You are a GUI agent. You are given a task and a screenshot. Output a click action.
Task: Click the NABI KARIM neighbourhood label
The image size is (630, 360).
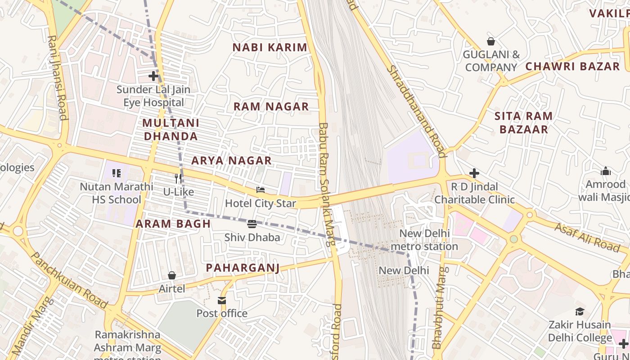270,47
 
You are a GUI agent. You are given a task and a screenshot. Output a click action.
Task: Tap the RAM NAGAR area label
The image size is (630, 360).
271,107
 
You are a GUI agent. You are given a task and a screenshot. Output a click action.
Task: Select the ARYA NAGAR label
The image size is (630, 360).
231,161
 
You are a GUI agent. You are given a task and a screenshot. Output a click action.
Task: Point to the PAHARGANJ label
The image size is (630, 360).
243,268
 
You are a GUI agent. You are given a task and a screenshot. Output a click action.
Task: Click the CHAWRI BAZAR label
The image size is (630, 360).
572,66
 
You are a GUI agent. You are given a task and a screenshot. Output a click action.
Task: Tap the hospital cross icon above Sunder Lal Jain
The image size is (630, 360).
153,76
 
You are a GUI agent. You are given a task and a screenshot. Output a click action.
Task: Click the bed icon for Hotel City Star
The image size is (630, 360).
261,190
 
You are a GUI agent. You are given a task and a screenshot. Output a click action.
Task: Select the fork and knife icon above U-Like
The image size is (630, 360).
178,178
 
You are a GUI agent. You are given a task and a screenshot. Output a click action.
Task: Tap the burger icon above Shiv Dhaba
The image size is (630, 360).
252,224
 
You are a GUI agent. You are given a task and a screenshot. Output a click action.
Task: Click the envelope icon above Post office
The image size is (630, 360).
222,300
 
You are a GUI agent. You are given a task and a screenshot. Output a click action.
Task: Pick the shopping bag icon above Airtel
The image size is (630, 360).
171,275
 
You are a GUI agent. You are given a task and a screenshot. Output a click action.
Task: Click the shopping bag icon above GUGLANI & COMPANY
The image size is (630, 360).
491,41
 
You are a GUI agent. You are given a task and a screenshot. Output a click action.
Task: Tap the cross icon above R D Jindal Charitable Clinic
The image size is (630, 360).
474,173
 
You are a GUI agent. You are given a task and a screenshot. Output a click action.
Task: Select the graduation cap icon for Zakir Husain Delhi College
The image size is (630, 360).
580,311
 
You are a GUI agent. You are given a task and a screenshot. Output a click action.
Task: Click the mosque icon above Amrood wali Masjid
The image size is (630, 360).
606,171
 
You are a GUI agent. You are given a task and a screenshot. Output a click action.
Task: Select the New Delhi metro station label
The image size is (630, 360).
424,240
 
